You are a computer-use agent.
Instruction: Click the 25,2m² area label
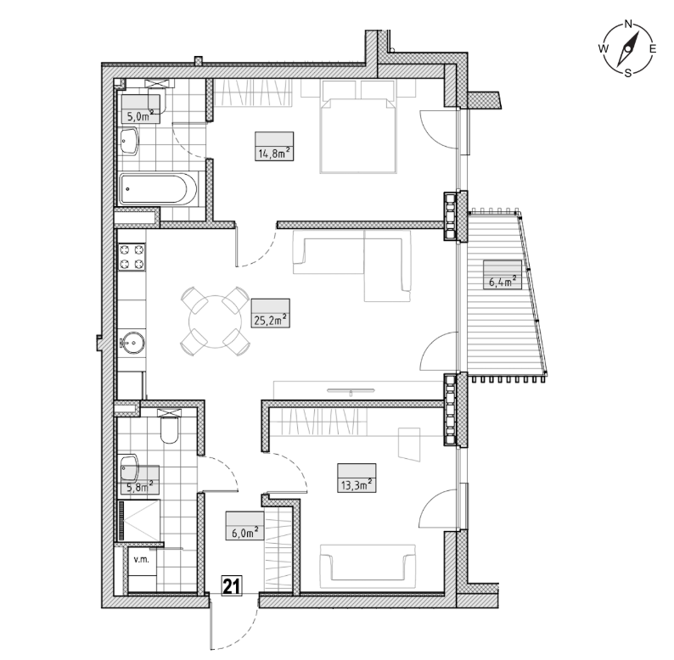point(270,320)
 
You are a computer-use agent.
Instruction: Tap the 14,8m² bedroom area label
point(274,153)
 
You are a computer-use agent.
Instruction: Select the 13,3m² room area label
point(357,485)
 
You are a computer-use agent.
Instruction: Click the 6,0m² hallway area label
point(245,533)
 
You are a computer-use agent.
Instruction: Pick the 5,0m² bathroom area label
point(140,115)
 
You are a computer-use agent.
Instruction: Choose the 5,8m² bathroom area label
point(140,487)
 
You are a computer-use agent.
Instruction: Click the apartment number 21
point(232,585)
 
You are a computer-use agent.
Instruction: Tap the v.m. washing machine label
point(142,560)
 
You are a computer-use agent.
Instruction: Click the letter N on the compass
point(627,24)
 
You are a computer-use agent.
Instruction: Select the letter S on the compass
point(627,73)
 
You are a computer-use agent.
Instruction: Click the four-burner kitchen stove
point(132,257)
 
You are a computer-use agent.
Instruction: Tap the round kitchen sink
point(132,343)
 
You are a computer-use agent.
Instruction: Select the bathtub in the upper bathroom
point(158,188)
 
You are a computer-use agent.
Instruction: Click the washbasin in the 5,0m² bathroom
point(130,141)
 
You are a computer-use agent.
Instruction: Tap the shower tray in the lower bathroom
point(139,520)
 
